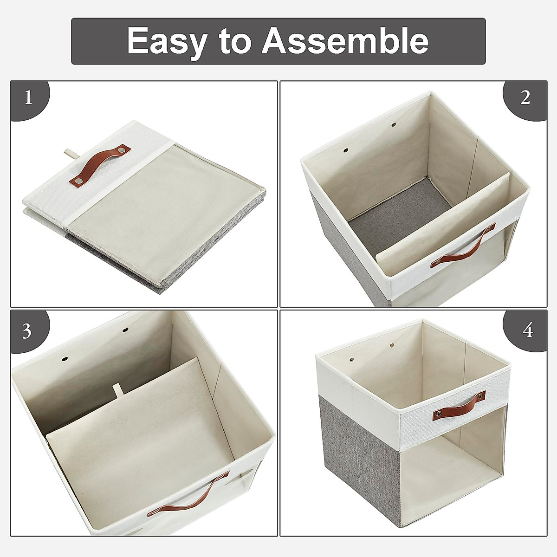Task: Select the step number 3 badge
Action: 27,331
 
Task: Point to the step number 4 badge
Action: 527,331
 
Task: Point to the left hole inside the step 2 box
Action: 346,151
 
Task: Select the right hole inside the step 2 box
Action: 394,124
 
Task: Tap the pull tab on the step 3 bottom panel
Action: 117,389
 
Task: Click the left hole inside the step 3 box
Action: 65,359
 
